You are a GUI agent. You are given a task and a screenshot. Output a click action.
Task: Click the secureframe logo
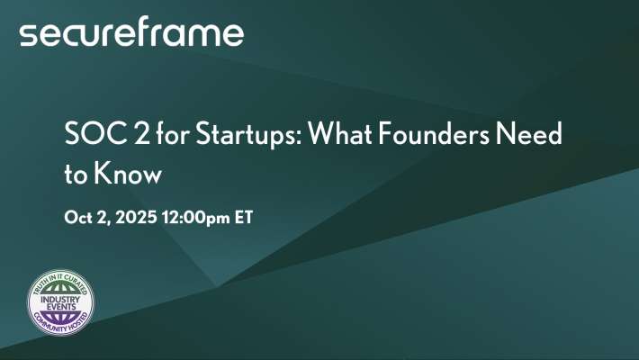tap(131, 33)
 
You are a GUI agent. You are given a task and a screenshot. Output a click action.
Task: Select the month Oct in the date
tap(79, 219)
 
